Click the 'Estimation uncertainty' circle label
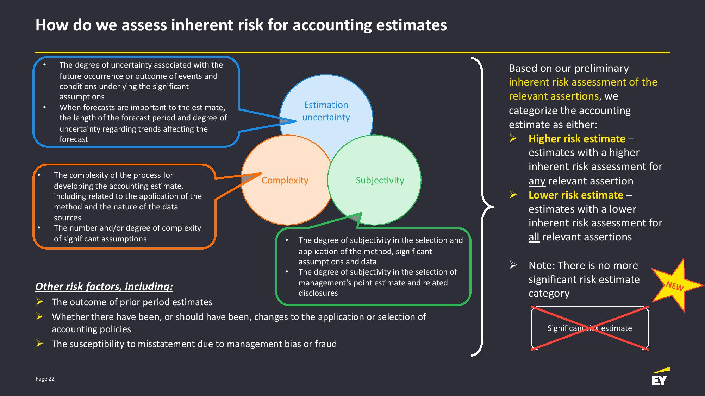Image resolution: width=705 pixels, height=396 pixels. pyautogui.click(x=326, y=111)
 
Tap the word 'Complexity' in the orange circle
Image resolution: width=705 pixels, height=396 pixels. pyautogui.click(x=285, y=180)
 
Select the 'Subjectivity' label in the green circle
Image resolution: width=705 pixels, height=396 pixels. pyautogui.click(x=380, y=180)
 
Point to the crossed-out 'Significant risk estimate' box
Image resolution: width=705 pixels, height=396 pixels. pyautogui.click(x=589, y=328)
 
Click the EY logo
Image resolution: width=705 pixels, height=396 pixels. pyautogui.click(x=660, y=376)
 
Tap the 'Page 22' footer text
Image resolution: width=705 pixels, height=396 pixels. pyautogui.click(x=45, y=379)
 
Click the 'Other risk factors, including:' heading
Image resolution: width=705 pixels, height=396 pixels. pyautogui.click(x=104, y=287)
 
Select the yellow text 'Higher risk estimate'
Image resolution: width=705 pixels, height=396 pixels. pyautogui.click(x=577, y=139)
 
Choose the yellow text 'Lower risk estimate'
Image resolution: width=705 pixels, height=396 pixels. pyautogui.click(x=576, y=195)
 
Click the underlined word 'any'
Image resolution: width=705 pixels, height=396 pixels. pyautogui.click(x=537, y=181)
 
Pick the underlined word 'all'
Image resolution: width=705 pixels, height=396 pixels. pyautogui.click(x=534, y=237)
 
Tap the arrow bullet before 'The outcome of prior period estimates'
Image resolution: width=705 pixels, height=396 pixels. pyautogui.click(x=39, y=302)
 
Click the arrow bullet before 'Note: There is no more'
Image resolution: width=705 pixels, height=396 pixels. pyautogui.click(x=513, y=265)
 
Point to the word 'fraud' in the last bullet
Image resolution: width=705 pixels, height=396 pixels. pyautogui.click(x=325, y=344)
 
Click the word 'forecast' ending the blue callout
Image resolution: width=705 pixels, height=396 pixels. pyautogui.click(x=74, y=139)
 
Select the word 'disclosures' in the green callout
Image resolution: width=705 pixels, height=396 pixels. pyautogui.click(x=318, y=293)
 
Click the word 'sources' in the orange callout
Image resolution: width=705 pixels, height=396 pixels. pyautogui.click(x=67, y=218)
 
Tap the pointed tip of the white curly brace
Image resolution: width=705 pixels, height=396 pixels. pyautogui.click(x=493, y=207)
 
